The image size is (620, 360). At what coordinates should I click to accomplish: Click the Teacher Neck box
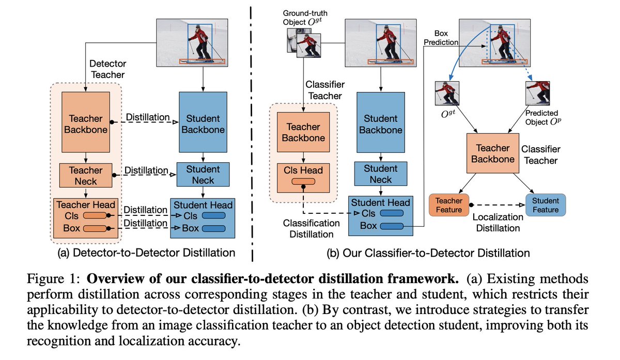[x=86, y=176]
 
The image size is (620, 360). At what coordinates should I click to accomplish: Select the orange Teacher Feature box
[x=449, y=205]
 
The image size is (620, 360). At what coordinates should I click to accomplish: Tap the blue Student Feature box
[x=545, y=205]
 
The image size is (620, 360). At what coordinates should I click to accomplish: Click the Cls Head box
[x=303, y=178]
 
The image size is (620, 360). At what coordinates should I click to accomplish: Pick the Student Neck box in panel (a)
[x=203, y=175]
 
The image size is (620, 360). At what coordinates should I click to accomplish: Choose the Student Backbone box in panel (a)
[x=203, y=122]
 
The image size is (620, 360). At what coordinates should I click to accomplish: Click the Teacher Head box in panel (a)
[x=86, y=218]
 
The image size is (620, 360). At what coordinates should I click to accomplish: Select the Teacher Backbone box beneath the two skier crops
[x=493, y=153]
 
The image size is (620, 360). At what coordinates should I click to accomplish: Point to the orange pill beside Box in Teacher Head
[x=95, y=228]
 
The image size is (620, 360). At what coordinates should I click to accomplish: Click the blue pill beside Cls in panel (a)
[x=214, y=215]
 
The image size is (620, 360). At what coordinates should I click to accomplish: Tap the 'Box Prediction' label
[x=441, y=38]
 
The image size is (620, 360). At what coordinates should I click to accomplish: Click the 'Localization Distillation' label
[x=498, y=223]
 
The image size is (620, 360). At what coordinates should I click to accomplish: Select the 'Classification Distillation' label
[x=312, y=229]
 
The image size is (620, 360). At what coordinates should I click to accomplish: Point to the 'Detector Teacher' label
[x=107, y=69]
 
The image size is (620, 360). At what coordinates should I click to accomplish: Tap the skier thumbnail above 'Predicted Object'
[x=537, y=93]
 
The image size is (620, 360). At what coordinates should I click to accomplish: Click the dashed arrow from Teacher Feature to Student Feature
[x=498, y=205]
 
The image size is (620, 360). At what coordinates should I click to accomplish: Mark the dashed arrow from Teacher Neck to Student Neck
[x=145, y=175]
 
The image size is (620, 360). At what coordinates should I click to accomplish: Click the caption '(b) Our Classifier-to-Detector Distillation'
[x=428, y=253]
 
